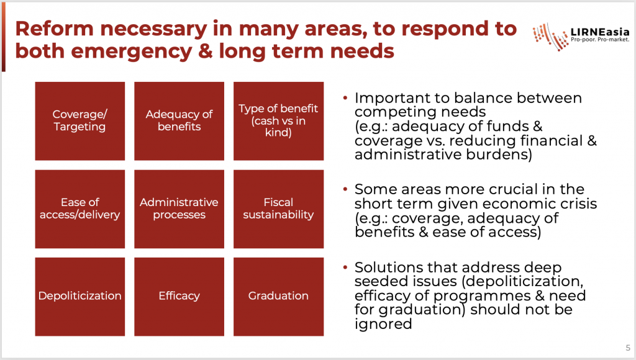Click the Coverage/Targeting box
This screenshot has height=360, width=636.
point(80,121)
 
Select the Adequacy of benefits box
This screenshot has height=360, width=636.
point(179,121)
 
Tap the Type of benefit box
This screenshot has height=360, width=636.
point(278,121)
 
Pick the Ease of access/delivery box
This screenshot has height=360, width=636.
point(80,209)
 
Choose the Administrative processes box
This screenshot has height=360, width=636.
point(179,209)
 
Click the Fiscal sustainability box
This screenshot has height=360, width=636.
point(278,209)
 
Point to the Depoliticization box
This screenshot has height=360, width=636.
point(80,296)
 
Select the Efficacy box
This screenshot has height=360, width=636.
point(179,296)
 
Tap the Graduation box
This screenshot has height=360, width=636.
point(278,296)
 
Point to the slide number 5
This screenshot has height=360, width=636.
point(628,348)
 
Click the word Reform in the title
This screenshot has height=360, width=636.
point(55,29)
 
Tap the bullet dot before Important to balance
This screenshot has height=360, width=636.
point(345,97)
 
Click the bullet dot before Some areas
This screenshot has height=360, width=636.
point(345,189)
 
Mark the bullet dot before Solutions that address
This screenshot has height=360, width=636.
point(345,267)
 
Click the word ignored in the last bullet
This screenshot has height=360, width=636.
point(383,325)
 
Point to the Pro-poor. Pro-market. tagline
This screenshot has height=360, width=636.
point(600,40)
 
